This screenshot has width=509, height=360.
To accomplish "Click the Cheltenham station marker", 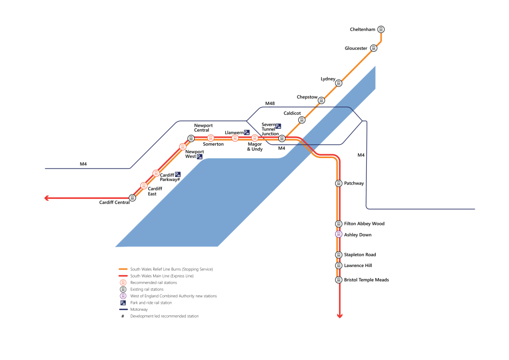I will tap(381, 29).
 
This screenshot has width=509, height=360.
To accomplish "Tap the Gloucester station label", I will tap(356, 48).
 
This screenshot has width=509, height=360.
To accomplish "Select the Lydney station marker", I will tap(339, 84).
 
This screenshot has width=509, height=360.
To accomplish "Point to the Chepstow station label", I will tap(307, 97).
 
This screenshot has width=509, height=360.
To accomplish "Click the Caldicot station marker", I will tap(302, 120).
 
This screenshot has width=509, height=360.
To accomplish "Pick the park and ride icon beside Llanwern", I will tap(247, 132).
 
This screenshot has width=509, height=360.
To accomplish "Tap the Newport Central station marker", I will tap(191, 138).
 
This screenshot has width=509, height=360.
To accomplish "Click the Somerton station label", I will tap(213, 144).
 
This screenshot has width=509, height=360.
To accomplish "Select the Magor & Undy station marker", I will tap(255, 138).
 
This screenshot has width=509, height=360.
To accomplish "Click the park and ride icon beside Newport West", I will tap(200, 157).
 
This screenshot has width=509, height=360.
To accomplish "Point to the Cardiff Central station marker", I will tap(132, 198).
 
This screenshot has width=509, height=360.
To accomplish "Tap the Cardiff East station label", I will tap(155, 191).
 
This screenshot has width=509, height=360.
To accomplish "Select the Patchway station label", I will tap(354, 183).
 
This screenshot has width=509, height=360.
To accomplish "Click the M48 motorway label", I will tap(270, 103).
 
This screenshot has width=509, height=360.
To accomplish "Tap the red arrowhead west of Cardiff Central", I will tap(47, 198).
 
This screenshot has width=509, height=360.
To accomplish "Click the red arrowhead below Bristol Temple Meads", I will tap(339, 315).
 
